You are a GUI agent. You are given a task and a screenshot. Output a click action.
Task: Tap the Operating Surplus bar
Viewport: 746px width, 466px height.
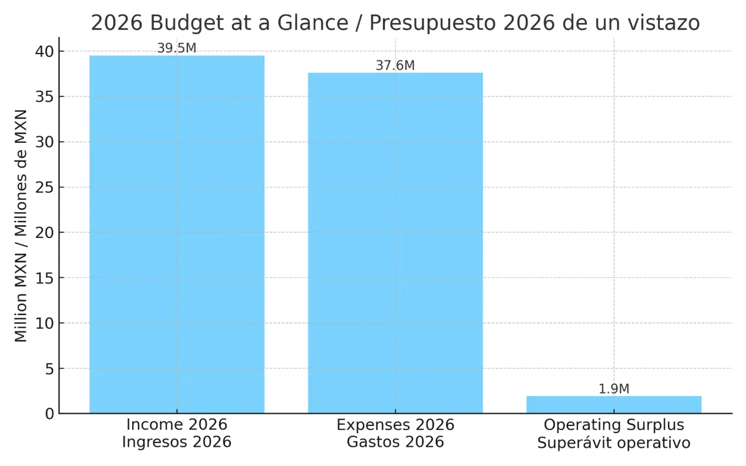coord(614,405)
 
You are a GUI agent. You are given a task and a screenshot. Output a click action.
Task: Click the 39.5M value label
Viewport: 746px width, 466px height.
coord(176,49)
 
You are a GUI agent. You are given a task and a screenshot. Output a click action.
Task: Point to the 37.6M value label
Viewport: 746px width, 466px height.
coord(395,66)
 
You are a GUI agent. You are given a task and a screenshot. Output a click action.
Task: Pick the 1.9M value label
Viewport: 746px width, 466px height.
coord(614,389)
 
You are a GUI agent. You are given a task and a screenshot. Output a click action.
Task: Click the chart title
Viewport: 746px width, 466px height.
coord(395,23)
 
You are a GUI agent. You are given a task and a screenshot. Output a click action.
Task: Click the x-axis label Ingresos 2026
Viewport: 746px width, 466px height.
coord(176,442)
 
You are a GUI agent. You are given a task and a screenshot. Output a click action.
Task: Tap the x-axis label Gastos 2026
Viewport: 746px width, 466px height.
coord(395,442)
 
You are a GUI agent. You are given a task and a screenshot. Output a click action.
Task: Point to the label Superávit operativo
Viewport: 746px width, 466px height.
coord(614,442)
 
